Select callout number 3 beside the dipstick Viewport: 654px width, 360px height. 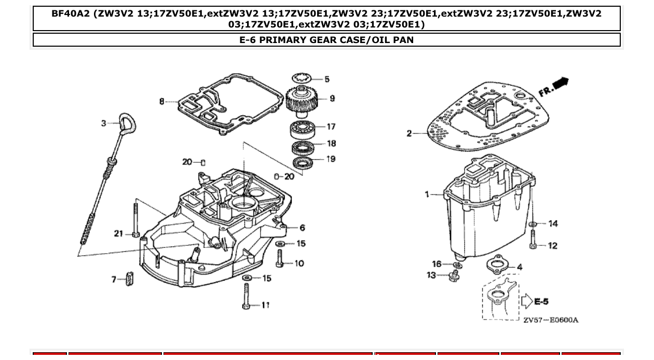(x=104, y=123)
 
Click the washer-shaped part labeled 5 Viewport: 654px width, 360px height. (x=302, y=78)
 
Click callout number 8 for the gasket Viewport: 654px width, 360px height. (x=162, y=101)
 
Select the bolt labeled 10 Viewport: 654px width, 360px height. (x=280, y=258)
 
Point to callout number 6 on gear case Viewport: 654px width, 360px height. (x=302, y=227)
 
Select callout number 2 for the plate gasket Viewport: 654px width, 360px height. (x=409, y=133)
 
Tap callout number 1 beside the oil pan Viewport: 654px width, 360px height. (x=427, y=194)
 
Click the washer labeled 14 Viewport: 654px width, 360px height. (x=533, y=224)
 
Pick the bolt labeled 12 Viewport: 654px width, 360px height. (x=533, y=240)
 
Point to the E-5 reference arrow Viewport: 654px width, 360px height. (x=527, y=302)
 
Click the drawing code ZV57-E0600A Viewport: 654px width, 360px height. (x=550, y=320)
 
